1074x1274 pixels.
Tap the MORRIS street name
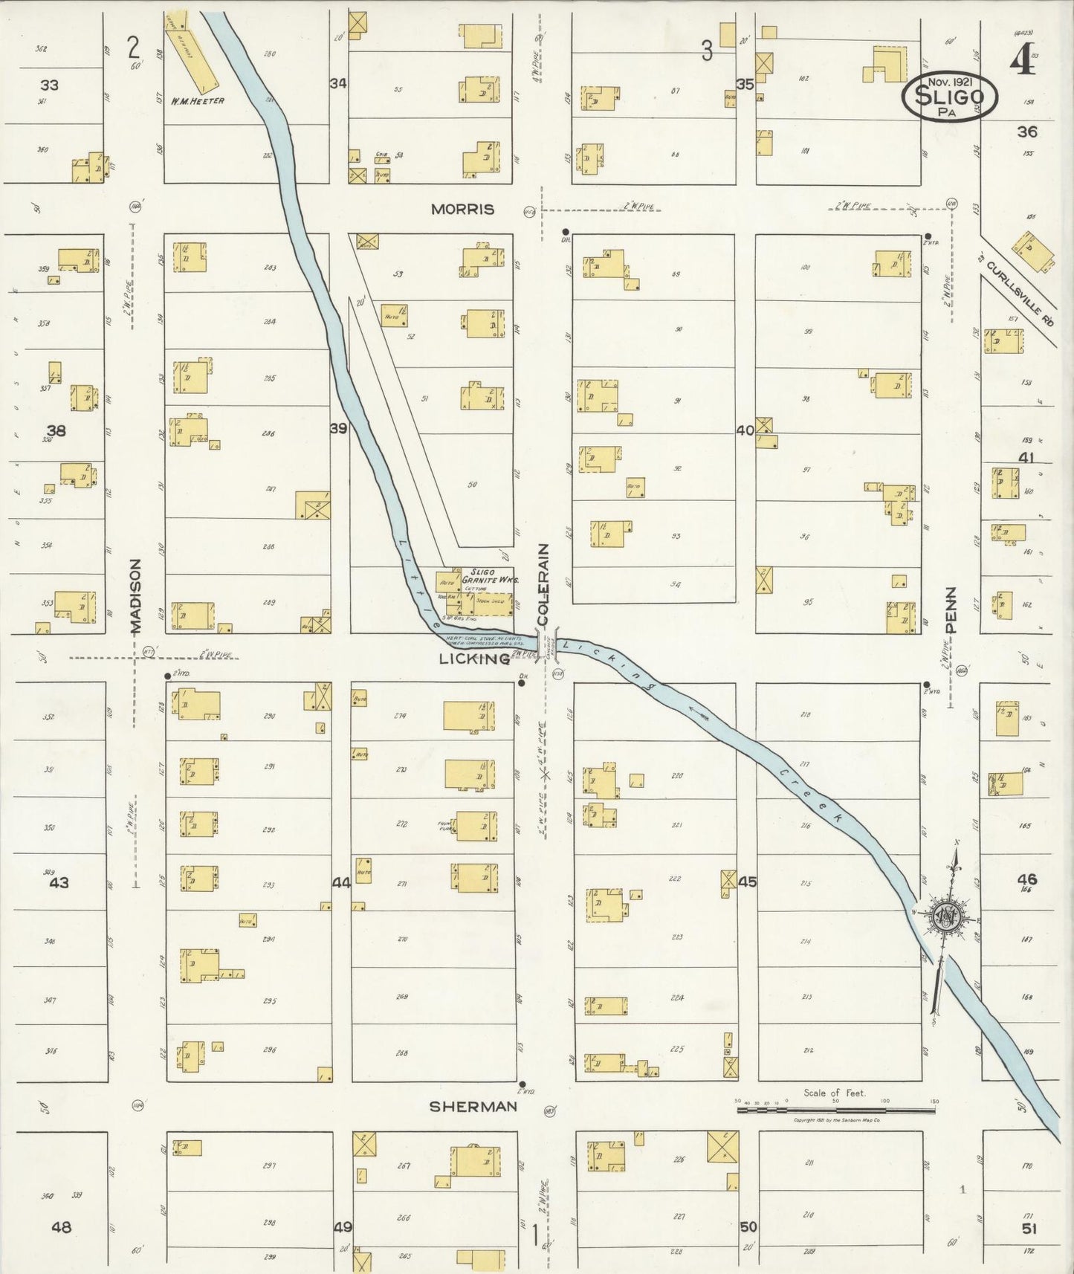tap(462, 210)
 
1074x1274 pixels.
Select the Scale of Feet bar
tap(835, 1110)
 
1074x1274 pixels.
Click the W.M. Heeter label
tap(197, 100)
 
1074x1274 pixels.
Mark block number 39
tap(338, 428)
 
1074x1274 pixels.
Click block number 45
tap(747, 882)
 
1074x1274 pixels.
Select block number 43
tap(59, 883)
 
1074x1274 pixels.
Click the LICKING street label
tap(473, 659)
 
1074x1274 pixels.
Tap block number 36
tap(1027, 132)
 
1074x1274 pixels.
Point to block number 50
tap(748, 1226)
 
